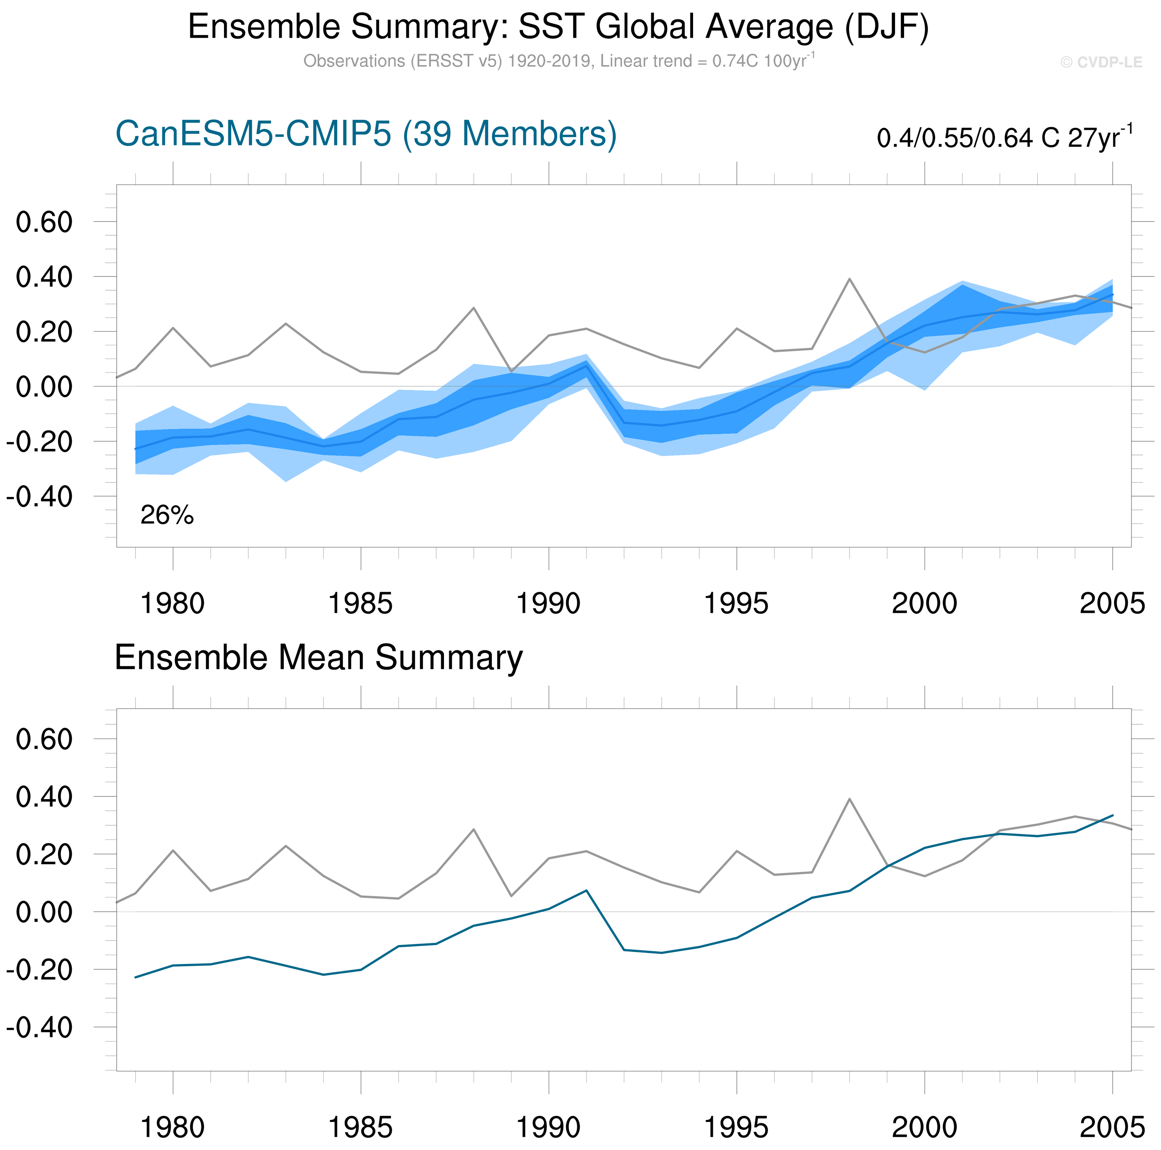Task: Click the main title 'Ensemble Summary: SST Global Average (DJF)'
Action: click(558, 27)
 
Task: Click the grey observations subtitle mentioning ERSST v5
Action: click(558, 61)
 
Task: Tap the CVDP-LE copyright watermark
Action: click(1101, 62)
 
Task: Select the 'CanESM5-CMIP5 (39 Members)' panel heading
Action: click(365, 134)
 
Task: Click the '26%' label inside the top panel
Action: click(167, 515)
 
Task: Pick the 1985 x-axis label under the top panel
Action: click(361, 603)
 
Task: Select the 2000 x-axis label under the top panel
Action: click(924, 603)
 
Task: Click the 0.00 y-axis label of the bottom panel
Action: click(44, 912)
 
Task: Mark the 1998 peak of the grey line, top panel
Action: click(849, 279)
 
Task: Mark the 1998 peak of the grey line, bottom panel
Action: click(849, 799)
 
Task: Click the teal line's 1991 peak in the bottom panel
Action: click(586, 890)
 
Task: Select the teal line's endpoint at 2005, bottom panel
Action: click(1112, 815)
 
